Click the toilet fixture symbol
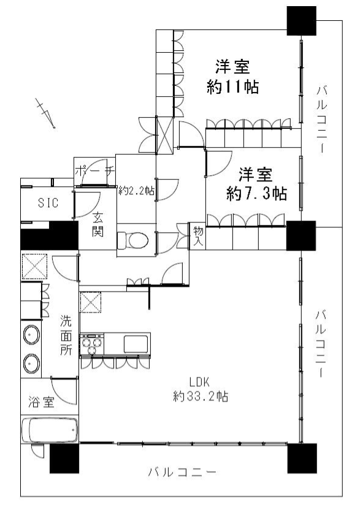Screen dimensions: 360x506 click(132, 240)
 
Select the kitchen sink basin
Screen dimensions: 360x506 click(136, 344)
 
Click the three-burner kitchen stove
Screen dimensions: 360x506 click(92, 344)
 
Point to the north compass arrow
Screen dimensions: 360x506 click(46, 113)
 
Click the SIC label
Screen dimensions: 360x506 click(48, 203)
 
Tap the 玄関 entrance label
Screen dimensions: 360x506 click(98, 224)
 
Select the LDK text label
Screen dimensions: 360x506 click(200, 382)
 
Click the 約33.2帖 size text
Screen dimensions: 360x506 click(201, 396)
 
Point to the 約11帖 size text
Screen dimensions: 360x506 click(232, 86)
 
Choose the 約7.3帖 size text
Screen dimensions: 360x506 click(256, 194)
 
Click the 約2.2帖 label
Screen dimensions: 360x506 click(136, 191)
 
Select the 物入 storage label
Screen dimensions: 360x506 click(198, 236)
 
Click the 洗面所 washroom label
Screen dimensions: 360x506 click(66, 335)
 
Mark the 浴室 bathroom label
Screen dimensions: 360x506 click(41, 402)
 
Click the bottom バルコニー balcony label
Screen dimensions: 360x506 click(182, 473)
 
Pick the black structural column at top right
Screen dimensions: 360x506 click(302, 21)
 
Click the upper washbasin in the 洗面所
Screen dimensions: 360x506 click(31, 334)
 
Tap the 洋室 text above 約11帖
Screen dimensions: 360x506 click(232, 67)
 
